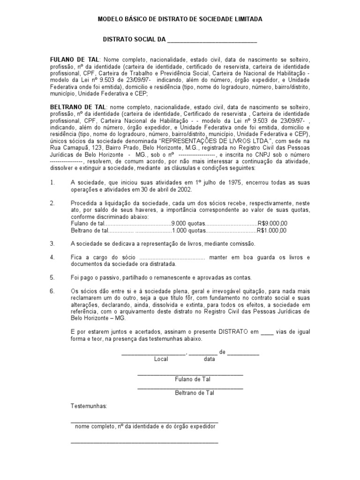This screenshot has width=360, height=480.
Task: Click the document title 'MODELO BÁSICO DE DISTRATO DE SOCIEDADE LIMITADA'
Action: (x=180, y=19)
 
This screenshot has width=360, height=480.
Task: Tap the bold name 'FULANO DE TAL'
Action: (x=75, y=60)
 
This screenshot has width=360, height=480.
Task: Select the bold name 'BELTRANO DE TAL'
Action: (x=78, y=107)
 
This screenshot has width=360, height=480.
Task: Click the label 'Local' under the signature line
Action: (x=161, y=360)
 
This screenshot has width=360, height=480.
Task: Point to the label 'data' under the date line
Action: (x=209, y=360)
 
